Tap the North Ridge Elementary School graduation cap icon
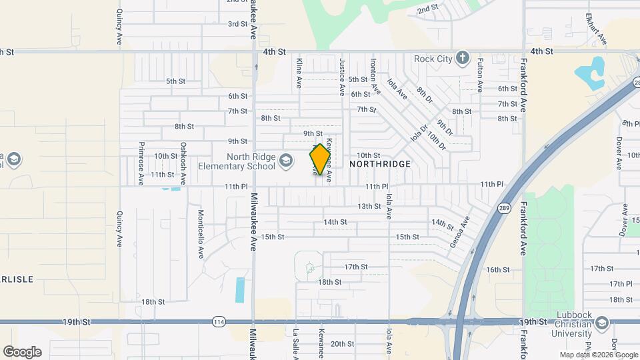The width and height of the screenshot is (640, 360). (285, 161)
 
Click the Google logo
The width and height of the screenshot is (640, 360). (22, 351)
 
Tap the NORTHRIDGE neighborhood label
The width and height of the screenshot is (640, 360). (380, 163)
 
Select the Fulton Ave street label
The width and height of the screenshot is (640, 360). (479, 74)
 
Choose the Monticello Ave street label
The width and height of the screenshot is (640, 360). (200, 234)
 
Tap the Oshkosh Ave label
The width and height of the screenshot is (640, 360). (183, 163)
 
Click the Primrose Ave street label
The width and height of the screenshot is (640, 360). (141, 163)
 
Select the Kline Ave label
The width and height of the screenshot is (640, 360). (299, 74)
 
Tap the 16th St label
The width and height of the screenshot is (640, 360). (497, 269)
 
